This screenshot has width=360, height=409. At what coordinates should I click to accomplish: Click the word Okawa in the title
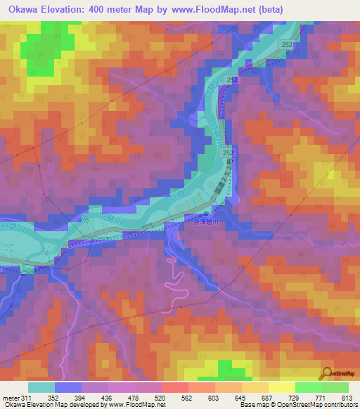(x=22, y=9)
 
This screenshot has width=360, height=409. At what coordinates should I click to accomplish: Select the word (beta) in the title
(x=332, y=9)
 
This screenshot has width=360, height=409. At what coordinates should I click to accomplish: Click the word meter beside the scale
(x=10, y=397)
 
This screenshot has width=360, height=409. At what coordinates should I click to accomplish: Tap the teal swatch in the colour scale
(x=41, y=387)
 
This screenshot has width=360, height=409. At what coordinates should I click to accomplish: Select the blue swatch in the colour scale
(x=68, y=387)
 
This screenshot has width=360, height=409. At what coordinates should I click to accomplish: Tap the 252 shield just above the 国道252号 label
(x=228, y=152)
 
